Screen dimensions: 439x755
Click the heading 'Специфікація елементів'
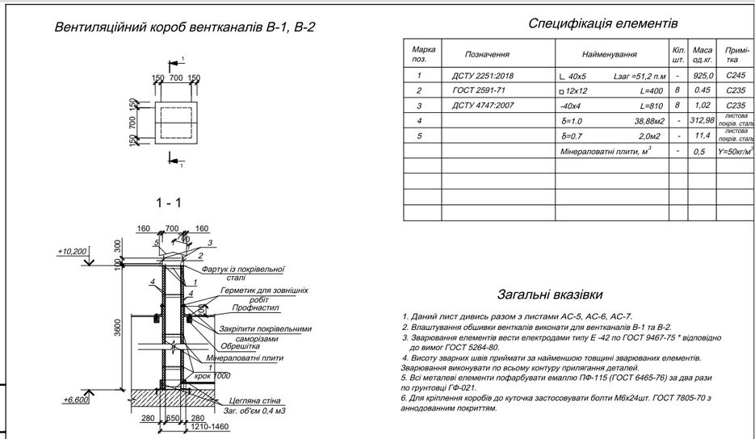click(x=602, y=23)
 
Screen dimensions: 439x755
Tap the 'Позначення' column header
click(x=487, y=55)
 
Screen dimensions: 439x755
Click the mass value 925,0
click(x=703, y=76)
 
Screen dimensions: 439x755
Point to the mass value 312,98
click(x=703, y=120)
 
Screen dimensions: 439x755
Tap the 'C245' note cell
click(x=735, y=76)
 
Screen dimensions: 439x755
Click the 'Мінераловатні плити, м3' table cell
click(x=606, y=151)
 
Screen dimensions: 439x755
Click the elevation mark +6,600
click(x=75, y=399)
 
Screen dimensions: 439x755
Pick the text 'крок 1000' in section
click(x=211, y=376)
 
